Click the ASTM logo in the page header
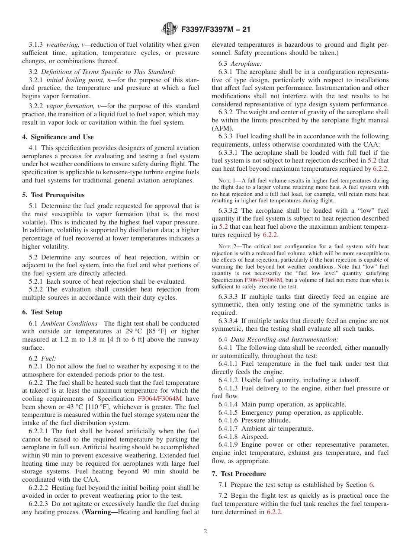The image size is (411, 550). [x=169, y=29]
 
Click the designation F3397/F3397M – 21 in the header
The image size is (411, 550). [x=215, y=29]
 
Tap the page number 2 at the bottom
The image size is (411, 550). [x=205, y=531]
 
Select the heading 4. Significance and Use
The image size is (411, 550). [x=58, y=137]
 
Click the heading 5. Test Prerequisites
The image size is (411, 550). [x=53, y=195]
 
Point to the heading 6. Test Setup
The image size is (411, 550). [x=42, y=312]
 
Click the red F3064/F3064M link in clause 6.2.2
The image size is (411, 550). [x=160, y=399]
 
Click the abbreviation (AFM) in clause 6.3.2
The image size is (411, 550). [x=221, y=128]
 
